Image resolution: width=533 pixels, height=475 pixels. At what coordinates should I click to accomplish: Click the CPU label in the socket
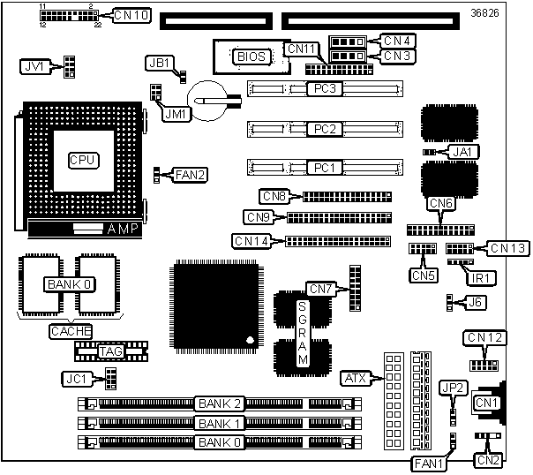coord(84,160)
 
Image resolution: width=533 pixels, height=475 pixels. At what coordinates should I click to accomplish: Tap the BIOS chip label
coord(251,57)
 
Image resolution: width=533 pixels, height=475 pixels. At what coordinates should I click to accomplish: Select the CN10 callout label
coord(131,15)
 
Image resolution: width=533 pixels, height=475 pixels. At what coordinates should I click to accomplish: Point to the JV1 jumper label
coord(35,66)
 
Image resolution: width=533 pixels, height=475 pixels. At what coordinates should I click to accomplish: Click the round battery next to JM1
coord(207,101)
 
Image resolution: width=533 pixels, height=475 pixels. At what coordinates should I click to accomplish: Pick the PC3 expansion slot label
coord(325,89)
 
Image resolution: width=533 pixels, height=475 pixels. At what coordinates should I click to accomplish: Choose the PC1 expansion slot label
coord(325,168)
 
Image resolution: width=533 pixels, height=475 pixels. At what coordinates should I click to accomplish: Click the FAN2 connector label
coord(190,175)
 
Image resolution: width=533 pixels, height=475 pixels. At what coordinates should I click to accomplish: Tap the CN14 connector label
coord(251,241)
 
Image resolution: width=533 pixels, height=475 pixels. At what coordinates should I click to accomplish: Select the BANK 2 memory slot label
coord(220,404)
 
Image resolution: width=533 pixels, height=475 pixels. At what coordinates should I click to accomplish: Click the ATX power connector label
coord(356,378)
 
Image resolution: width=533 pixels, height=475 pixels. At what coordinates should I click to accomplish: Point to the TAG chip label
coord(111,351)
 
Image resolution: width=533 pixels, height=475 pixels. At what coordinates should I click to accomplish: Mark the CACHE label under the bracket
coord(71,331)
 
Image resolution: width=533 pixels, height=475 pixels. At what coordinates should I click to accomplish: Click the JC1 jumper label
coord(77,379)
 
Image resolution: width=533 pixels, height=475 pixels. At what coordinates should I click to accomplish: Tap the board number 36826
coord(484,13)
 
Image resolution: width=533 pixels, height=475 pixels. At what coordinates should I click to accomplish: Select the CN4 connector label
coord(397,41)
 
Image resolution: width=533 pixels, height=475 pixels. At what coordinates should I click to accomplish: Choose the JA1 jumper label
coord(462,152)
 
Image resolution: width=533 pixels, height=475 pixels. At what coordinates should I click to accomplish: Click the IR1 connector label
coord(480,278)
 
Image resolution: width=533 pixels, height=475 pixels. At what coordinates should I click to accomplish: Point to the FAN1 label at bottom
coord(428,464)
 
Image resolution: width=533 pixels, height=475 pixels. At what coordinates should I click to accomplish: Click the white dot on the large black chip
coord(251,340)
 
